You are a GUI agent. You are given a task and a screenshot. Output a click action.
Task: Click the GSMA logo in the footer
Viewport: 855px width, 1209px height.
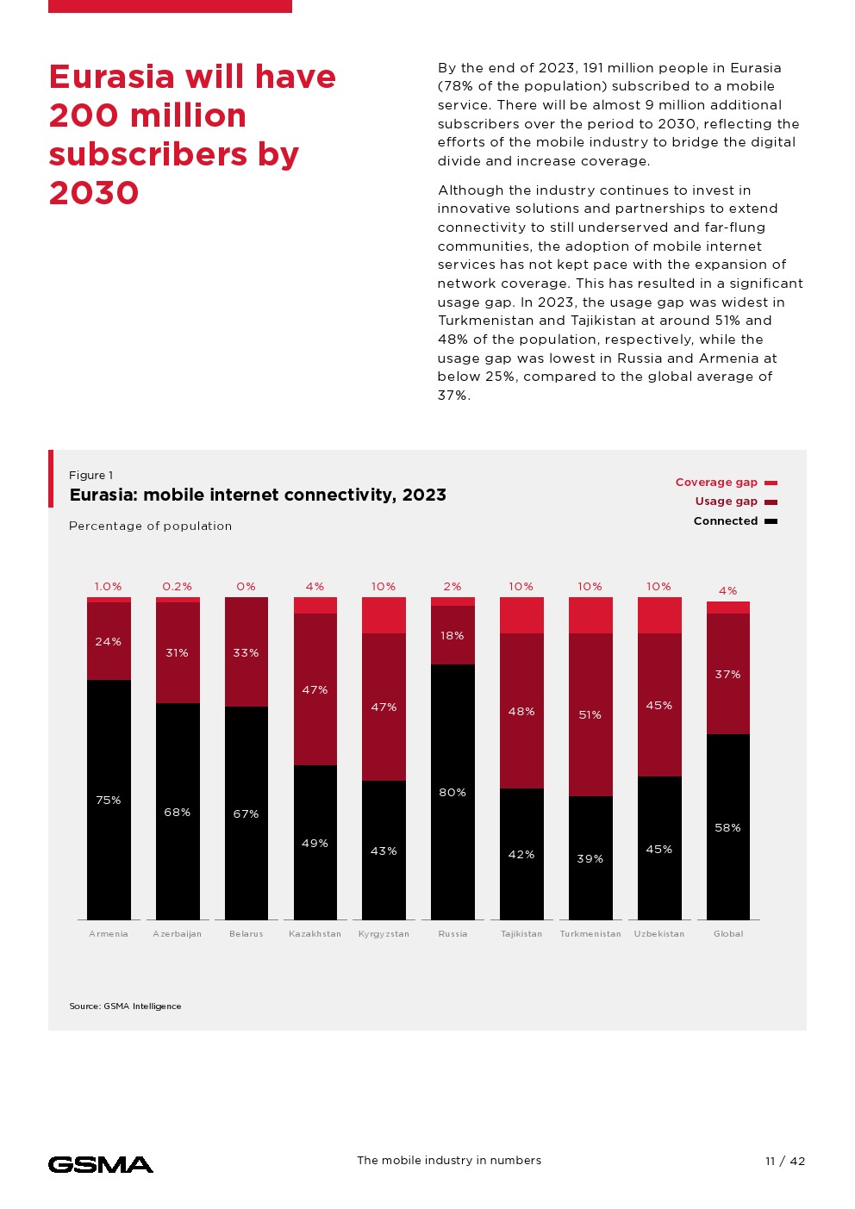101,1164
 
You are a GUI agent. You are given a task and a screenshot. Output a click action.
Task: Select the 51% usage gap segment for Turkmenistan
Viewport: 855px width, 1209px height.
590,714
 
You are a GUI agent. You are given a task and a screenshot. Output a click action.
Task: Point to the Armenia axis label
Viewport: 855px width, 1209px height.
109,934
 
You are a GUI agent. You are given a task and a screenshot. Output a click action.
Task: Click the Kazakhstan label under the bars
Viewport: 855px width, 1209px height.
315,934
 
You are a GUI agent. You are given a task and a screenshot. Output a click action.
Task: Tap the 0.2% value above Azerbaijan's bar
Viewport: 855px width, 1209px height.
178,587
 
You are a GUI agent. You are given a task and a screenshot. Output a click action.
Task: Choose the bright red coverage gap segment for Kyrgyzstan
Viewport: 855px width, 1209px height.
384,615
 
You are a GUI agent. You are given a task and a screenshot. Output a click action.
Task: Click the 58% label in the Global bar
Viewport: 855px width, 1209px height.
727,828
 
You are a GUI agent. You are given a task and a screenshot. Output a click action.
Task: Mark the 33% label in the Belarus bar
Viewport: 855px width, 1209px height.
246,653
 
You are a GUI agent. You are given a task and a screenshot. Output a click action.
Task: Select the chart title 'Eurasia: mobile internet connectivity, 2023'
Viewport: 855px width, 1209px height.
258,495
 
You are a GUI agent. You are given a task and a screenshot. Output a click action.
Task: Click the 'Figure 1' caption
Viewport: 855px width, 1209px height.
90,475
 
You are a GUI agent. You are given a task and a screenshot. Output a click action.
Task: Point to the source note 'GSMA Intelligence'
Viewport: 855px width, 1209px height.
125,1006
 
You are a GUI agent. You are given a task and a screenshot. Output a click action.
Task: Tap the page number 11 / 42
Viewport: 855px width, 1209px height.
784,1161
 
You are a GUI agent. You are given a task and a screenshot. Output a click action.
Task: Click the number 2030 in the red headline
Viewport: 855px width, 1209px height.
94,193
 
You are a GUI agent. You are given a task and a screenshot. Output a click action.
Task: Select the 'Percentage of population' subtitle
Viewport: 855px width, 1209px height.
150,526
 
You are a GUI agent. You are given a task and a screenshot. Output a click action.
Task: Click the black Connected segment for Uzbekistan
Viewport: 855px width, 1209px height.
659,848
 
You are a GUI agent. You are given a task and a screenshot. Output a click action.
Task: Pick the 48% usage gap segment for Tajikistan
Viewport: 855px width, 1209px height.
521,711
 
